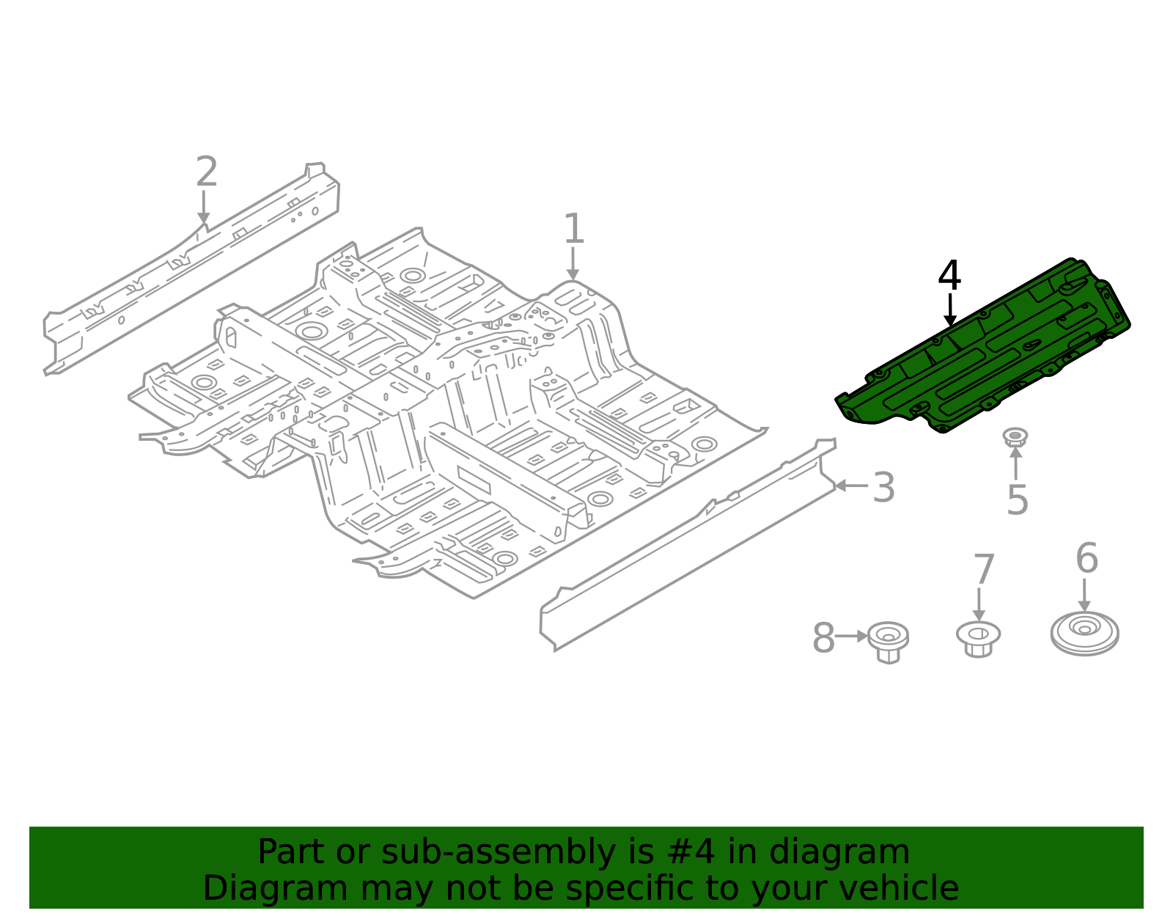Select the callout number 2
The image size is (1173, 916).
coord(207,173)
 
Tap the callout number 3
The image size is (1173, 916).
coord(883,488)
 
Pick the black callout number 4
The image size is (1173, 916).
coord(949,276)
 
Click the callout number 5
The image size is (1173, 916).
coord(1017,500)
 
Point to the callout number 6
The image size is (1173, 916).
coord(1086,559)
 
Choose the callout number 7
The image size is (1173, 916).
coord(984,570)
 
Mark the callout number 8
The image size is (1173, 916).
coord(823,638)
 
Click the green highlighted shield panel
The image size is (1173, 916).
coord(982,352)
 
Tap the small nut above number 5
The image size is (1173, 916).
coord(1015,437)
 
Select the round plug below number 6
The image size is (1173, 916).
coord(1084,633)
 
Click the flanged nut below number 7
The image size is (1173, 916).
coord(978,637)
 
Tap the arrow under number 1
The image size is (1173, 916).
coord(573,264)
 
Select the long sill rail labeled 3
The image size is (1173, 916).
coord(689,543)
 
